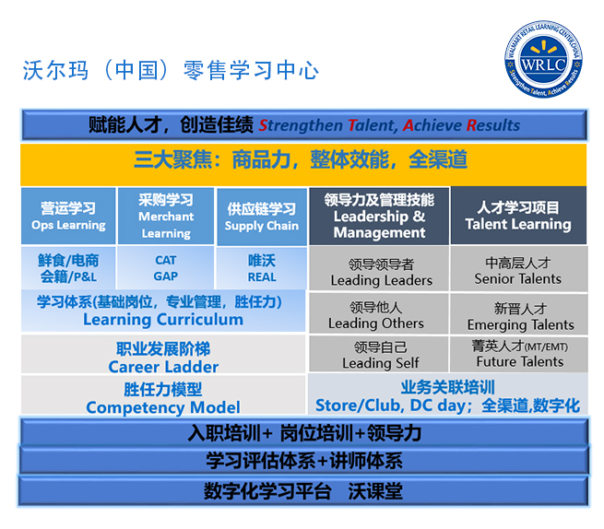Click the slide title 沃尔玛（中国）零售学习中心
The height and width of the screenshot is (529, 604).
pos(171,71)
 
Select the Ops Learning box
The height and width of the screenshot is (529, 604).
pos(69,217)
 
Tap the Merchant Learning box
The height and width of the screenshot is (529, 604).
pos(166,217)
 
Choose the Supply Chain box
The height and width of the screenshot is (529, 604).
pos(262,217)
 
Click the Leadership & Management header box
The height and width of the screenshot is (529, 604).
pos(379,216)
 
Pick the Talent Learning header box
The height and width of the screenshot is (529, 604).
pos(518,216)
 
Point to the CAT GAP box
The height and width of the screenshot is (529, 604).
pos(166,268)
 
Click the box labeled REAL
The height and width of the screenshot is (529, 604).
pos(262,268)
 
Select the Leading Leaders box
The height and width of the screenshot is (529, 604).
pos(379,271)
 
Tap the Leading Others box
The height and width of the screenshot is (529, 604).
pos(379,314)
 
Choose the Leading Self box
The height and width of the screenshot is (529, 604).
pos(379,355)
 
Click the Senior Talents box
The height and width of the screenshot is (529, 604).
pos(518,271)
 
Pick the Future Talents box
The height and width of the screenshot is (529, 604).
pos(518,355)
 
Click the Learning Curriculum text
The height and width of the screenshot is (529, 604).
pos(163,320)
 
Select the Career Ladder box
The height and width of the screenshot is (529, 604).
pos(163,357)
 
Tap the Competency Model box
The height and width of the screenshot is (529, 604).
pos(163,397)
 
